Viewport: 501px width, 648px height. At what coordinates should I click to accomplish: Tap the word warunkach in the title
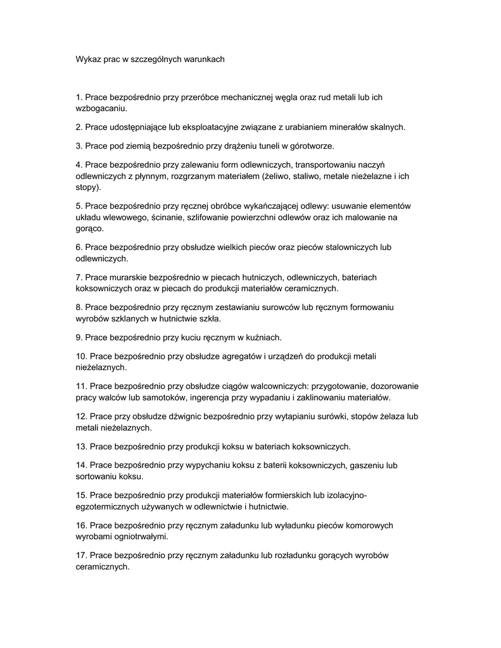(x=204, y=59)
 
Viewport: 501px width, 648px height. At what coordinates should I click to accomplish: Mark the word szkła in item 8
(x=207, y=318)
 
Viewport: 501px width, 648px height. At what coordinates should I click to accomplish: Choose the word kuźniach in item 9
(x=263, y=337)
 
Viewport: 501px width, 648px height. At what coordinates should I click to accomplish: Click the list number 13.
(x=80, y=447)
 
